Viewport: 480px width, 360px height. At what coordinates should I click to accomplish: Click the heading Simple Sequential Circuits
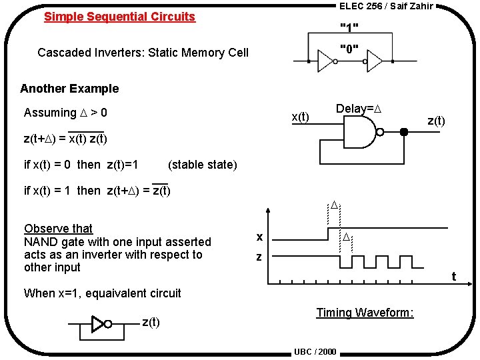click(x=119, y=17)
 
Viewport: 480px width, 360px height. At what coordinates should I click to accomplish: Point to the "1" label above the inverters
click(x=349, y=28)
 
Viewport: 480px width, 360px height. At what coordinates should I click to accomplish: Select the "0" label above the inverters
click(x=349, y=49)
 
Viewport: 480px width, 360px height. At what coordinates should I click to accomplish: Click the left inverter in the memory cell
click(x=326, y=62)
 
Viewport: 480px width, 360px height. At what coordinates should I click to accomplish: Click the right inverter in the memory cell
click(x=374, y=62)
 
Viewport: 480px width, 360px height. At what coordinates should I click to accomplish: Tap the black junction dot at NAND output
click(x=403, y=131)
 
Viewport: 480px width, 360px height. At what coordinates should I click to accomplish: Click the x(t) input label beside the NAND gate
click(x=301, y=117)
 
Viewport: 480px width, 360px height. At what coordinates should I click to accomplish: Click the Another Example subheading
click(x=69, y=89)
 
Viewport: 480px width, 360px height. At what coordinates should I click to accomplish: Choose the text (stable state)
click(x=202, y=165)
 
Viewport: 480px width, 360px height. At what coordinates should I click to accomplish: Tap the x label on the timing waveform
click(x=260, y=237)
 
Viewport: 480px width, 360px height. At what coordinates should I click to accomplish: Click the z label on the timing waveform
click(x=260, y=257)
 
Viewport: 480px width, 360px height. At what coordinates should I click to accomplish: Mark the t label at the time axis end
click(x=453, y=276)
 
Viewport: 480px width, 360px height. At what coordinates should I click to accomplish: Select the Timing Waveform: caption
click(x=365, y=313)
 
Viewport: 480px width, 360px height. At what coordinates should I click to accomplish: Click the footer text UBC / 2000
click(x=315, y=352)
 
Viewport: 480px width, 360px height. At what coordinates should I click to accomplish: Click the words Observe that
click(x=58, y=229)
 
